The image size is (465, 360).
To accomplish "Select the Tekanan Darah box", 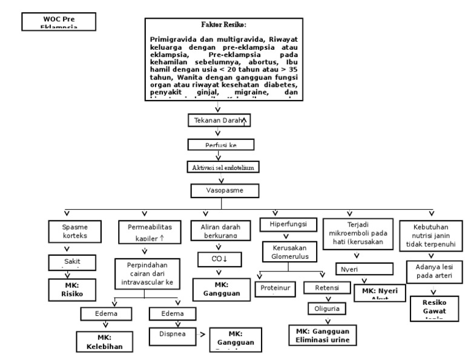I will point(219,121).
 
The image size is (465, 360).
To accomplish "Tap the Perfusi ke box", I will point(219,144).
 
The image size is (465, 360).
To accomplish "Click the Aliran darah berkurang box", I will point(217,230).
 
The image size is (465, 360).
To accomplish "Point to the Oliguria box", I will point(326,308).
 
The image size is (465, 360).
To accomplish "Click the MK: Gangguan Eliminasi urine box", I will point(323,335).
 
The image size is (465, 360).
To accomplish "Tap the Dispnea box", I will point(173,334).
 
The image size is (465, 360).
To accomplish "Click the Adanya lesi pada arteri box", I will point(432,272).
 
